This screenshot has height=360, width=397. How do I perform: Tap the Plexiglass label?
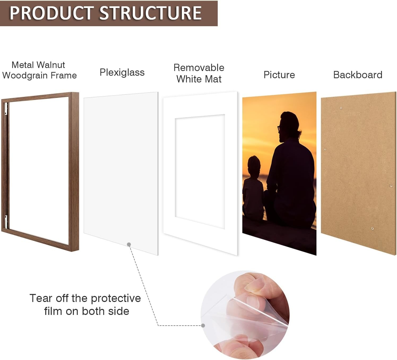click(122, 72)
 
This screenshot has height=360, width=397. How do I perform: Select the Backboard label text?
click(358, 75)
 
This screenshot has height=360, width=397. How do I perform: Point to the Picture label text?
click(279, 75)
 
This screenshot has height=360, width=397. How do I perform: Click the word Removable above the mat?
click(199, 68)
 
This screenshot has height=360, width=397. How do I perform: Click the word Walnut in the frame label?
click(51, 65)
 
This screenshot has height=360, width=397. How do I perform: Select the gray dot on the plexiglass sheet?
click(129, 244)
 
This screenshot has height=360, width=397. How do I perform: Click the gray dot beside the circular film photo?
click(203, 325)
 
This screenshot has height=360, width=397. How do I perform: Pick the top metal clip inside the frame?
click(6, 109)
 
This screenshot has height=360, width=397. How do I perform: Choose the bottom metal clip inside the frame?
click(6, 221)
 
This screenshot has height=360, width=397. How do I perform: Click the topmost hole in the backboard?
click(341, 108)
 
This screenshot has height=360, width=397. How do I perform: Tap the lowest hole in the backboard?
click(372, 229)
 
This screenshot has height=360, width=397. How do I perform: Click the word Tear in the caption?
click(41, 298)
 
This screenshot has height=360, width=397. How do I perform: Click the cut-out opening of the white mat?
click(200, 171)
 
